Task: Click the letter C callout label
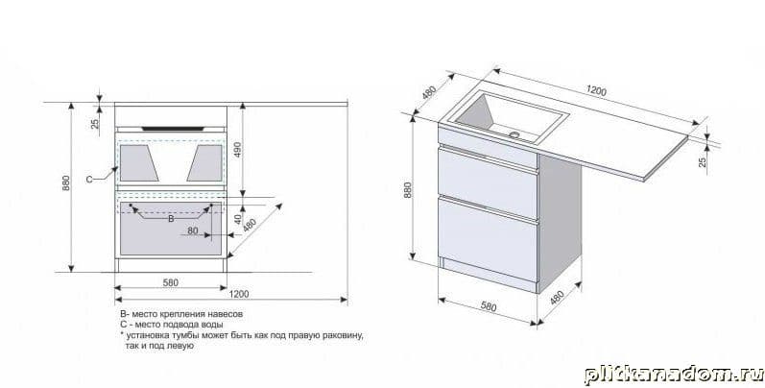pos(89,180)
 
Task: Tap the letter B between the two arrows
pos(171,219)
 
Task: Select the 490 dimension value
pos(238,150)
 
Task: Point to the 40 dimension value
pos(238,219)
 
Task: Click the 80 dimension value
pos(193,230)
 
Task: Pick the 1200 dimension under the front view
pos(239,294)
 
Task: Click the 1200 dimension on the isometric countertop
pos(596,91)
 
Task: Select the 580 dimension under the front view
pos(170,282)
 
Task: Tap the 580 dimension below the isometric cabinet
pos(489,306)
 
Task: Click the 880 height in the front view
pos(66,182)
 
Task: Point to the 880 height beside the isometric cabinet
pos(407,189)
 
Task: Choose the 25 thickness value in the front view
pos(95,124)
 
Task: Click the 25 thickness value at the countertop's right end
pos(703,161)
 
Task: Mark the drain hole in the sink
pos(514,133)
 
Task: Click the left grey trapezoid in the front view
pos(138,163)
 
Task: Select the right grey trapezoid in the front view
pos(204,163)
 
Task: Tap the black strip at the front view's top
pos(173,129)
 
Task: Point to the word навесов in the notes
pos(226,314)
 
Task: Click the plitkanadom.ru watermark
pos(673,375)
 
